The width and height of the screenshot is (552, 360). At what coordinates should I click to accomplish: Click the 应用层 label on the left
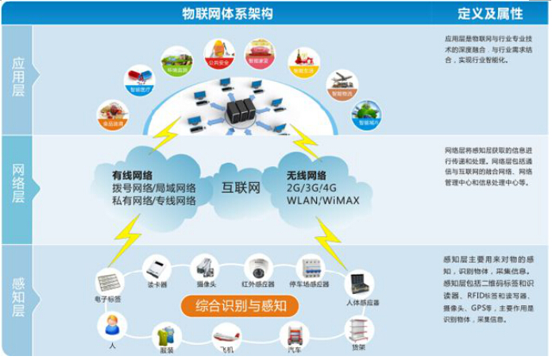17,78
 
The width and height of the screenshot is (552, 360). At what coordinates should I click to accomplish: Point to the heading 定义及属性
491,12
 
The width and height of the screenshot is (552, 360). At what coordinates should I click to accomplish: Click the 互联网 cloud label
241,188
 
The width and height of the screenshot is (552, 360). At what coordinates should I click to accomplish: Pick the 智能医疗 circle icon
139,80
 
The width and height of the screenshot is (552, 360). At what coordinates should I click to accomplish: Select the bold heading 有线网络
133,175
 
